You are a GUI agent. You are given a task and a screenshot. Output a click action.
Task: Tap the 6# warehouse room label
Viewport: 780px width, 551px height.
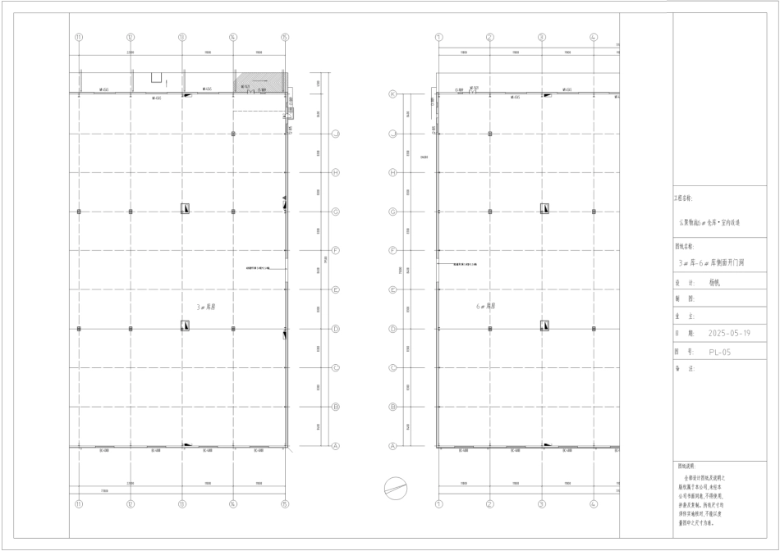click(x=487, y=306)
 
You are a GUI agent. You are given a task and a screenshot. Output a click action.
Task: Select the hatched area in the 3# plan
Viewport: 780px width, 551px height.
click(x=260, y=82)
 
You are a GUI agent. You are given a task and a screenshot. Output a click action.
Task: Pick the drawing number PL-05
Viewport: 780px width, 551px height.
click(x=719, y=352)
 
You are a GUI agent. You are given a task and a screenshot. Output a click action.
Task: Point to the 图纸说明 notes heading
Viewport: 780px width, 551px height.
click(x=687, y=464)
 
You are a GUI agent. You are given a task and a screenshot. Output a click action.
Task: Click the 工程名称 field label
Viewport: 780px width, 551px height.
click(x=684, y=198)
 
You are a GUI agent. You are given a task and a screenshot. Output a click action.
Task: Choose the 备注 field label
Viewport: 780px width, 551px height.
click(x=684, y=369)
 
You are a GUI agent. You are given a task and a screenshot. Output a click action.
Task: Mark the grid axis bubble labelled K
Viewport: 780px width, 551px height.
click(x=392, y=94)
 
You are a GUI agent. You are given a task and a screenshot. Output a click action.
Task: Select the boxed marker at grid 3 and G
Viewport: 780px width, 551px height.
click(x=544, y=209)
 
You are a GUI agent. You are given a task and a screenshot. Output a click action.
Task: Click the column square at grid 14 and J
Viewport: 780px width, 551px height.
click(x=233, y=133)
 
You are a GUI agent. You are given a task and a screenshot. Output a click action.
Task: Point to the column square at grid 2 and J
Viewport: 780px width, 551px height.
click(x=490, y=133)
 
